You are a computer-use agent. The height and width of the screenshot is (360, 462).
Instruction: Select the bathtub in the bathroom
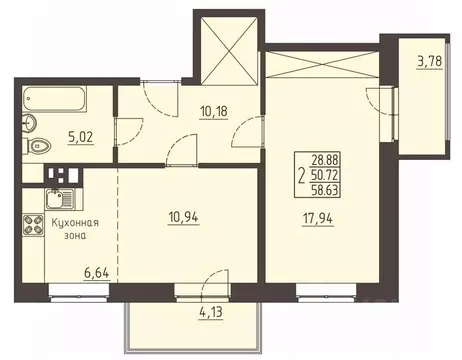[x=60, y=102]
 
